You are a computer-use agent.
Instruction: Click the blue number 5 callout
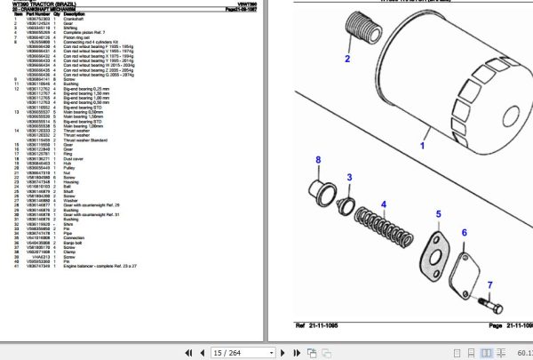[437, 214]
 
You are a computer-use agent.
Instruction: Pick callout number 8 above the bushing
[317, 159]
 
